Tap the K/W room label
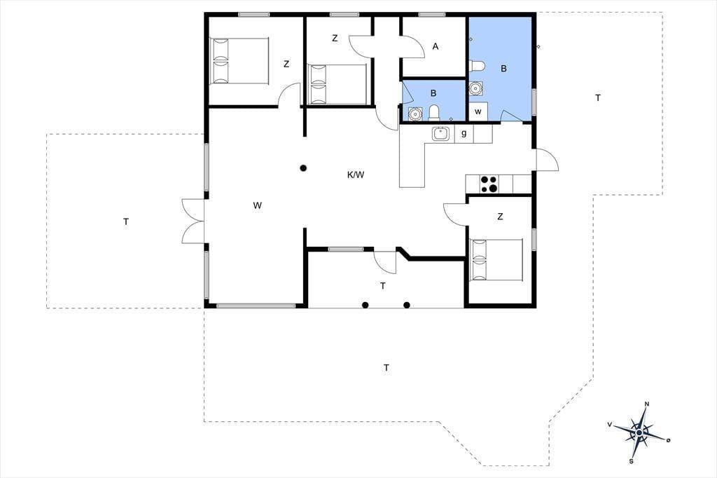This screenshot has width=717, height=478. pos(355,175)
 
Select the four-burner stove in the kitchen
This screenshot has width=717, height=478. pos(489,184)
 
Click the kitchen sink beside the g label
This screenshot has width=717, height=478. pos(441,134)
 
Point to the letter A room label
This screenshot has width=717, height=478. pos(436,46)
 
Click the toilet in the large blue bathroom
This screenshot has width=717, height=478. pos(477,66)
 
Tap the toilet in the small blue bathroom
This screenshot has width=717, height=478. pos(434,113)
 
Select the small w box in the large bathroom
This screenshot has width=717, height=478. pos(478,111)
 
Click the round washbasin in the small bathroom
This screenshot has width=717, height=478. pos(415,114)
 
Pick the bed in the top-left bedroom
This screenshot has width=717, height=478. pos(239,61)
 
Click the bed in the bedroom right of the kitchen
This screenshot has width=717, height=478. pos(496,259)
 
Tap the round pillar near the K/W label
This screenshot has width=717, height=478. pos(302,168)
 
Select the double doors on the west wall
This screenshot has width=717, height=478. pos(193,221)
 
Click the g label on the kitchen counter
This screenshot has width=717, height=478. pos(464,134)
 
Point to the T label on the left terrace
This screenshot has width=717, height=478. pos(126,221)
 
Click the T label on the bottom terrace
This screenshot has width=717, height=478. pos(387,368)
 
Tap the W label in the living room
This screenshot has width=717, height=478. pos(258,205)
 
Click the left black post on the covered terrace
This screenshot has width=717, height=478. pos(365,305)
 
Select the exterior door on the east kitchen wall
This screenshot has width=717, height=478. pos(546,161)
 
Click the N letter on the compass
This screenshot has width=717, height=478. pos(646,404)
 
